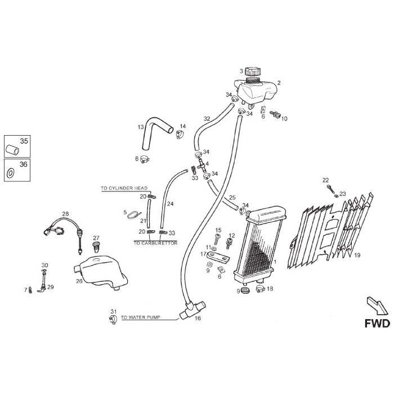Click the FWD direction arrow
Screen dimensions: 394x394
(377, 306)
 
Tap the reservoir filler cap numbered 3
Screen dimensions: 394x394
(253, 71)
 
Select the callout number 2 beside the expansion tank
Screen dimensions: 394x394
(279, 83)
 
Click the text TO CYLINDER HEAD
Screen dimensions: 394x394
(124, 188)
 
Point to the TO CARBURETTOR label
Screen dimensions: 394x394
(155, 243)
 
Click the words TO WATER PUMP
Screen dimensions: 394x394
(141, 317)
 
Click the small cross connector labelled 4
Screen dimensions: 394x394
(202, 165)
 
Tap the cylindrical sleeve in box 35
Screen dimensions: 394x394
(12, 150)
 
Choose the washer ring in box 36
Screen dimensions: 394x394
(11, 173)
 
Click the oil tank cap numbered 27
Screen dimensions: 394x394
(96, 247)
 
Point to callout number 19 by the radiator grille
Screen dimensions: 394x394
(357, 255)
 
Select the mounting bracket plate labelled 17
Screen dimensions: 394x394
(218, 258)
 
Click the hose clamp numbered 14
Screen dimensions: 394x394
(180, 135)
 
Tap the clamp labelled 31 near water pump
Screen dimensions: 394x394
(113, 320)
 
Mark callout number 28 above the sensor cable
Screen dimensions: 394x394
(65, 214)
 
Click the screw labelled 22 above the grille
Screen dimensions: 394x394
(332, 190)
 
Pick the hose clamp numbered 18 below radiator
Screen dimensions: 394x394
(261, 289)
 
